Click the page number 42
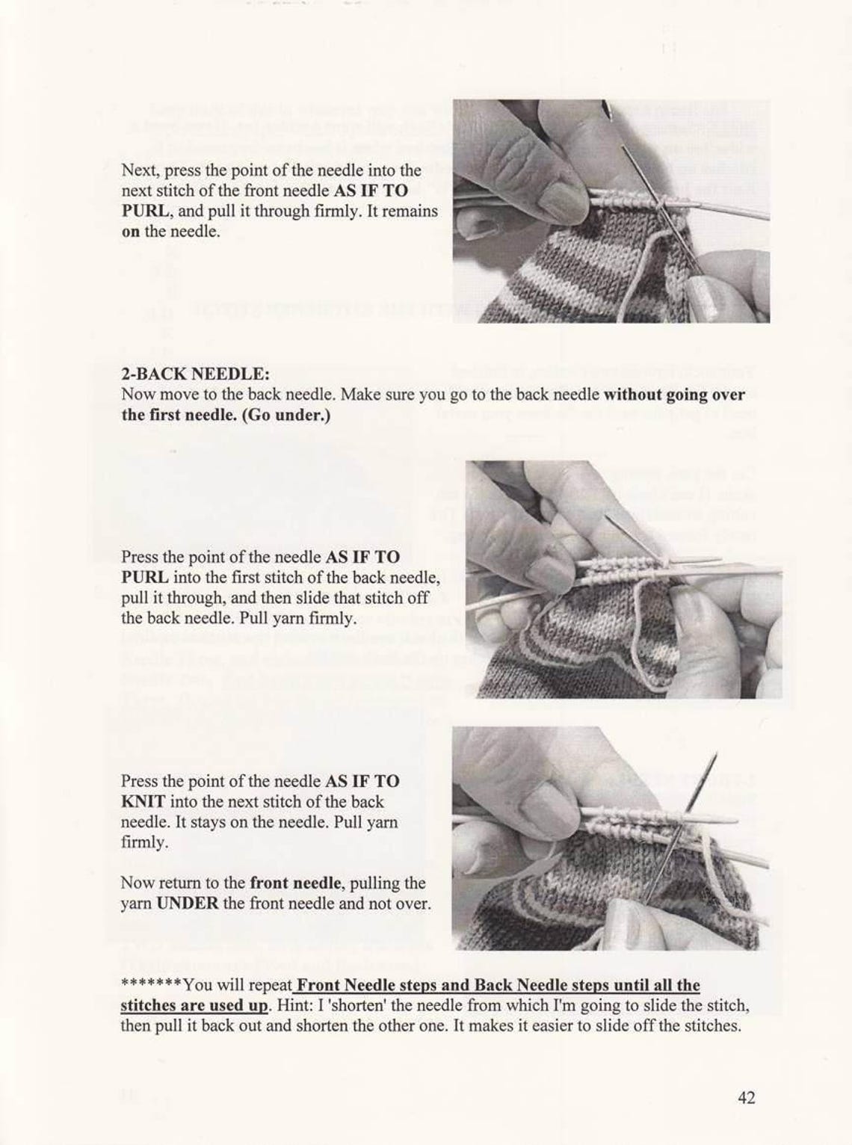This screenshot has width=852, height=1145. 746,1097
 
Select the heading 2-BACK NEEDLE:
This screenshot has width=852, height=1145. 195,373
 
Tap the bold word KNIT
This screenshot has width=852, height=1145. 143,802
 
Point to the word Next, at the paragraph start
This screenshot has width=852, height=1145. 140,170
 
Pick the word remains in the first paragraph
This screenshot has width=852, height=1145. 411,212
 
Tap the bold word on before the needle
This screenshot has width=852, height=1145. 130,232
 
